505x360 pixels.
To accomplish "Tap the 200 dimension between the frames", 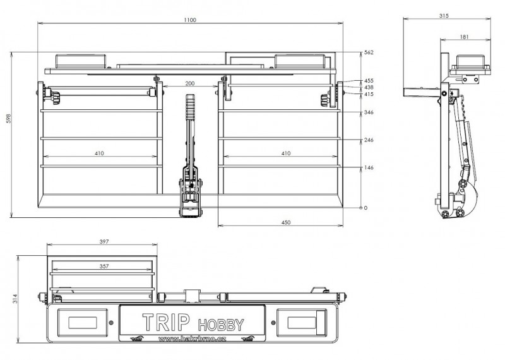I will click(x=191, y=83).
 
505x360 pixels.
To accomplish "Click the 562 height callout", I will click(x=369, y=52).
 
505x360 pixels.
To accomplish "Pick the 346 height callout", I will click(x=369, y=112).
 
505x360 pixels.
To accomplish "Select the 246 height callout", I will click(x=369, y=140).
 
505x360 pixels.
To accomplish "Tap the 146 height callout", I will click(x=369, y=168).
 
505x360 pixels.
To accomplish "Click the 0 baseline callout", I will click(x=365, y=208).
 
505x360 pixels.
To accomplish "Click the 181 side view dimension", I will click(x=465, y=37).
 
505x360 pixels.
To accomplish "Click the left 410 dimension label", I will click(x=99, y=153).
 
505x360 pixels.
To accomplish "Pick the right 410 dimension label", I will click(x=285, y=153).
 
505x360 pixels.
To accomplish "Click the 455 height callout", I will click(x=369, y=81).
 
